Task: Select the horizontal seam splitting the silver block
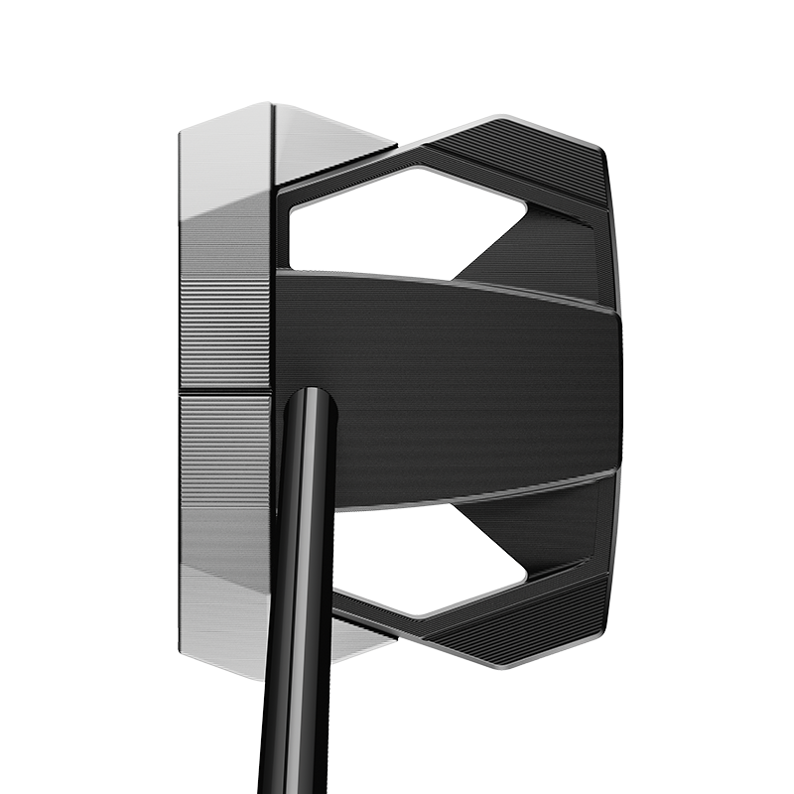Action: pyautogui.click(x=224, y=392)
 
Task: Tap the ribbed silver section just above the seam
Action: pyautogui.click(x=224, y=337)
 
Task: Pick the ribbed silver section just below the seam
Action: pyautogui.click(x=224, y=447)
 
